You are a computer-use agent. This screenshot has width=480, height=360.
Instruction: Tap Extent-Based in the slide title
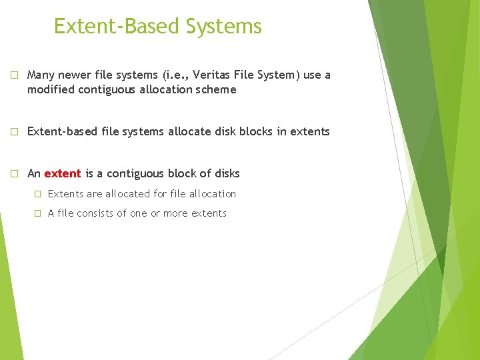[x=117, y=27]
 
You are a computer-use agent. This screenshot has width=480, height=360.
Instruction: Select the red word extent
[x=63, y=174]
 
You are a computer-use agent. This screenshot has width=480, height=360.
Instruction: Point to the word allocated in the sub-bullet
[x=127, y=194]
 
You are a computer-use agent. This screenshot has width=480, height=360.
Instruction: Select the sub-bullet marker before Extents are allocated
[x=38, y=194]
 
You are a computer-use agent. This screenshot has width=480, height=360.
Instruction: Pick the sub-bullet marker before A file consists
[x=38, y=213]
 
